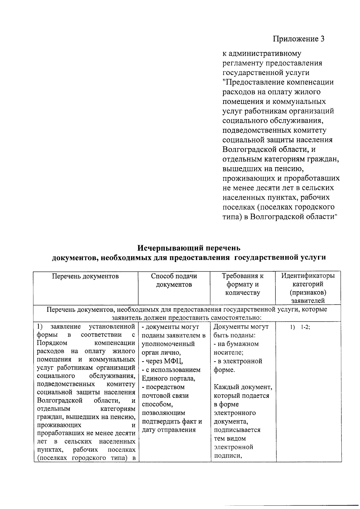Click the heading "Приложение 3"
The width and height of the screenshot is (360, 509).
(x=298, y=39)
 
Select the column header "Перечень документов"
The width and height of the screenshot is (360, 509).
(x=85, y=276)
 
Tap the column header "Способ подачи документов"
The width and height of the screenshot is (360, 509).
(x=174, y=280)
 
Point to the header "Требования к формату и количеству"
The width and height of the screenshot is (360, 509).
(x=242, y=284)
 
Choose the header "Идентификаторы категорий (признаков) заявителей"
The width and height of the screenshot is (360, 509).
(x=308, y=288)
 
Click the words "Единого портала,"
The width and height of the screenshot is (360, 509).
(x=168, y=378)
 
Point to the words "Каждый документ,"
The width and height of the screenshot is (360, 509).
(x=243, y=387)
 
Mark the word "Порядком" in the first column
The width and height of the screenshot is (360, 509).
(x=52, y=343)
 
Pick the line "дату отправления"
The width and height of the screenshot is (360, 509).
(x=169, y=430)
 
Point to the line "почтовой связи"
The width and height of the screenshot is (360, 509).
(x=165, y=396)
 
